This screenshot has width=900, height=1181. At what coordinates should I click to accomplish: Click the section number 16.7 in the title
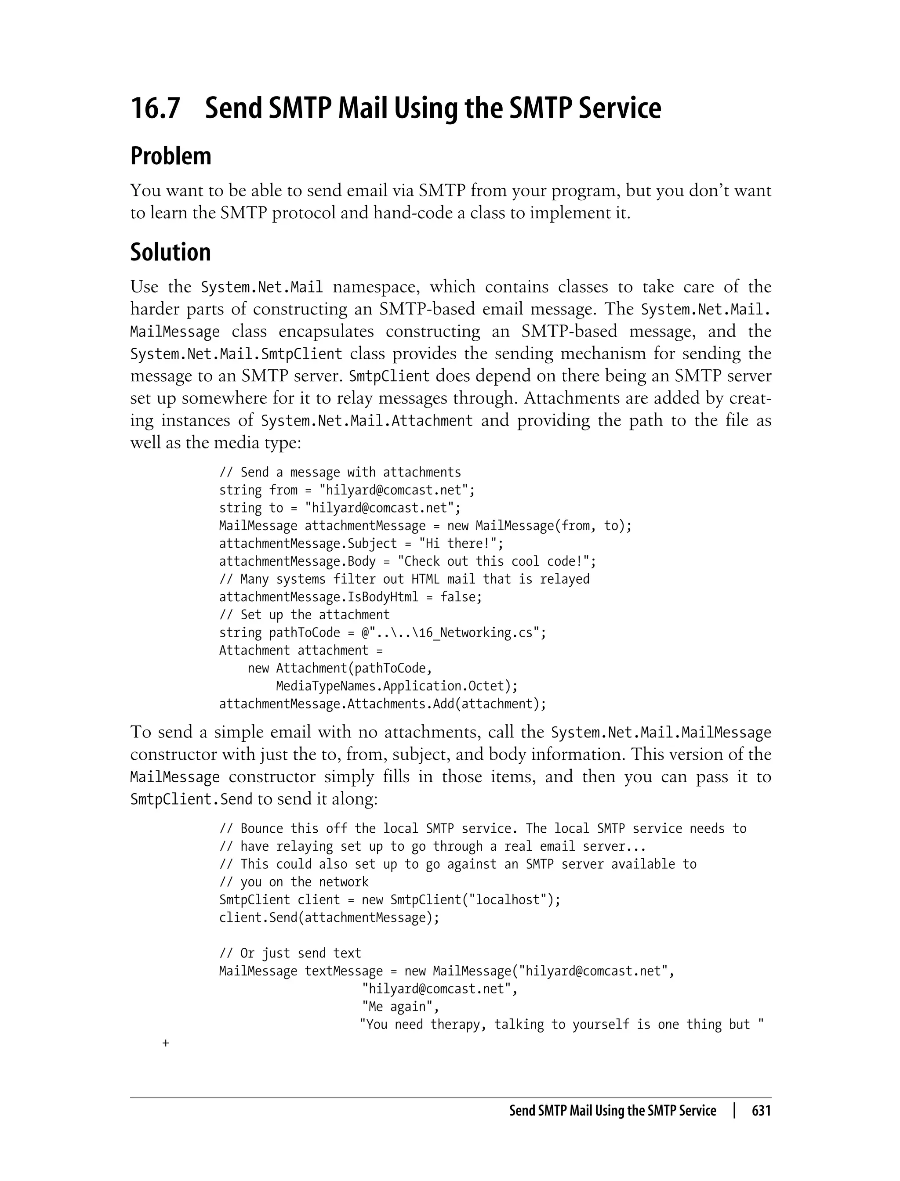(156, 108)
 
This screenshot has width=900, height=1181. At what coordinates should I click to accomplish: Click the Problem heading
(171, 156)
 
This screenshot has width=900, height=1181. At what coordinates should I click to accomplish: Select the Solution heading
(171, 252)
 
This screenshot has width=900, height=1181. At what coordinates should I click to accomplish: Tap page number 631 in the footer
(761, 1111)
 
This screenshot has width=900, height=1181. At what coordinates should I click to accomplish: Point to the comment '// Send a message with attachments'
(340, 472)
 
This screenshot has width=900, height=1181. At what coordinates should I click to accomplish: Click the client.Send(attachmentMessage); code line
(329, 917)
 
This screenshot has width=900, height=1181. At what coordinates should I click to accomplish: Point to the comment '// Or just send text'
(290, 953)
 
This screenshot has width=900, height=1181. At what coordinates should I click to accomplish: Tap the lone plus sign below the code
(166, 1043)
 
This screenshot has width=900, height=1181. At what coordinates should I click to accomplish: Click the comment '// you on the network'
(294, 882)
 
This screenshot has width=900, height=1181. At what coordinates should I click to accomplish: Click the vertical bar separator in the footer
(734, 1110)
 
